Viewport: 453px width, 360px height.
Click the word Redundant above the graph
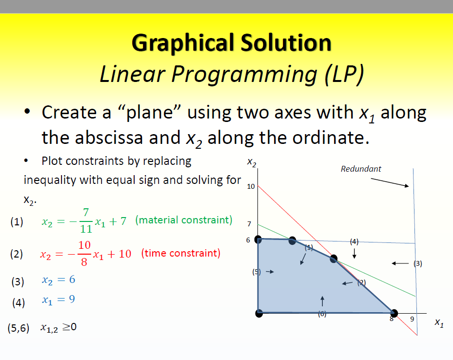coord(361,169)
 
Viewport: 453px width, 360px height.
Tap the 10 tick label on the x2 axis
coord(251,186)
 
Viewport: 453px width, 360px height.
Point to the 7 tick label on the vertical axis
coord(249,224)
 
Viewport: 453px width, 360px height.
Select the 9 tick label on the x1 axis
coord(412,320)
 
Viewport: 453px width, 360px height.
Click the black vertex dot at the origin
coord(259,313)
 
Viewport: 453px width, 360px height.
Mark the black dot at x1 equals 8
coord(394,313)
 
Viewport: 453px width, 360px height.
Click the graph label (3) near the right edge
coord(417,263)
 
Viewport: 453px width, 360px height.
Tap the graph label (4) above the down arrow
coord(355,241)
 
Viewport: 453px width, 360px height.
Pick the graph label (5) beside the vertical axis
coord(256,272)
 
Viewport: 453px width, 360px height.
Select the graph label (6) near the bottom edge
coord(322,314)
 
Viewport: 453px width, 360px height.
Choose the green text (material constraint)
coord(183,220)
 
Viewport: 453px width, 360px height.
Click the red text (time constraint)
coord(180,253)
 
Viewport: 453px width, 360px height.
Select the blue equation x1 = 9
coord(58,300)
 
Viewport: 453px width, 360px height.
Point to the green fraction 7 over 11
coord(86,221)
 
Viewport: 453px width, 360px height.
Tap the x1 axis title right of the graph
coord(439,323)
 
